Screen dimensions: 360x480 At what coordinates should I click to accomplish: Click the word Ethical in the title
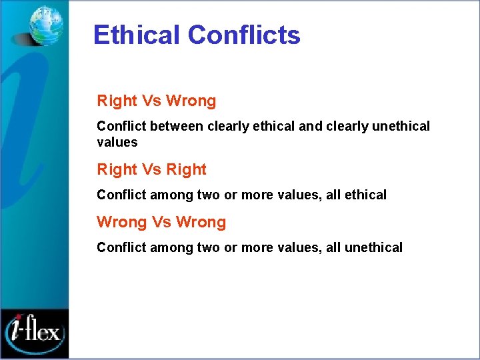point(137,35)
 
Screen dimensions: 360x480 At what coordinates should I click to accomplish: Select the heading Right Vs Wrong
point(157,101)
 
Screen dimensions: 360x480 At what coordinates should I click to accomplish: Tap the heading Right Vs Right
point(152,169)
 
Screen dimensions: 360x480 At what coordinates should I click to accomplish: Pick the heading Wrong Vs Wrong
point(161,222)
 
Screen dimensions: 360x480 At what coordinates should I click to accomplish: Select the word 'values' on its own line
point(117,142)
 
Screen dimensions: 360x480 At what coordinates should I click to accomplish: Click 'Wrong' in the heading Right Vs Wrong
point(191,101)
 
